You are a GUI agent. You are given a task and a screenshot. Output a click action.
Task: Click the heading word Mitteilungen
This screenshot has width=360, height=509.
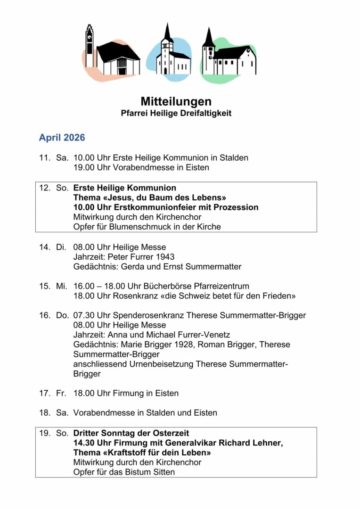(176, 102)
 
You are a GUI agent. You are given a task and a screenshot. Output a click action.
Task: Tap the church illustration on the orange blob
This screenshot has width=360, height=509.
(113, 55)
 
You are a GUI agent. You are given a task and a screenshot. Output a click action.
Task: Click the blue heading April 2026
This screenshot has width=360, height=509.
(62, 138)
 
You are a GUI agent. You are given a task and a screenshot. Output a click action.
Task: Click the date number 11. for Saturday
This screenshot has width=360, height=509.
(44, 158)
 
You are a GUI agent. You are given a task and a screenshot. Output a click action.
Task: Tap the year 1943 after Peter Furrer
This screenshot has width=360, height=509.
(165, 257)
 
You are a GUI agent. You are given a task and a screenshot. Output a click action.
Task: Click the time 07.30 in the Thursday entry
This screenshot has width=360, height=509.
(83, 315)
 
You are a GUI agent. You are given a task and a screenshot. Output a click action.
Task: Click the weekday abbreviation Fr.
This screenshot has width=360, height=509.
(61, 393)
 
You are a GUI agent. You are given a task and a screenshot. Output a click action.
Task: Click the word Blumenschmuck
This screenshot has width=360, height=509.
(138, 227)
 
